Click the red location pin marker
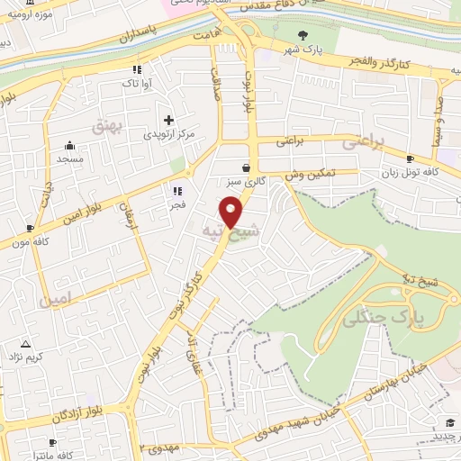[232, 212]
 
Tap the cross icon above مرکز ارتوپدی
[168, 119]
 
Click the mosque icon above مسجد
[69, 145]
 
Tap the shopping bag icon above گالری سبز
[246, 167]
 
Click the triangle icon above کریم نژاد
[25, 345]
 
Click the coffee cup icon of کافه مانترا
[53, 442]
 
